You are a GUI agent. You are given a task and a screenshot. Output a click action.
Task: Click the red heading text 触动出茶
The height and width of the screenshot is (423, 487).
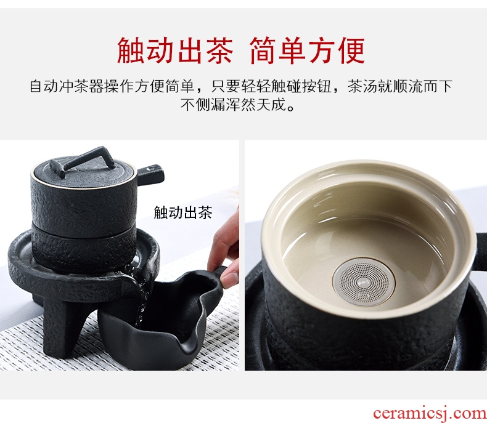click(x=175, y=51)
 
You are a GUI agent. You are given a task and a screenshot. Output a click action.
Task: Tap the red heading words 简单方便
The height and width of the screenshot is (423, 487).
click(x=307, y=51)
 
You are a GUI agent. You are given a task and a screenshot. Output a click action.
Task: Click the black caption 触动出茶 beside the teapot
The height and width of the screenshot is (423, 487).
click(x=183, y=213)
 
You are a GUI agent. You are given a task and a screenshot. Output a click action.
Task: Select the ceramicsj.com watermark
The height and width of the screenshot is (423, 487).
click(x=430, y=413)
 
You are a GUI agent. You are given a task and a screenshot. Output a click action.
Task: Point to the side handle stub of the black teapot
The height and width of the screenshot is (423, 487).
click(x=150, y=174)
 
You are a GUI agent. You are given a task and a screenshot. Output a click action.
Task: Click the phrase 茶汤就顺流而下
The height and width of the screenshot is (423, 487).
click(x=399, y=86)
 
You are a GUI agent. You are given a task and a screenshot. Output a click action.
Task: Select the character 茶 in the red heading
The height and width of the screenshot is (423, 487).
click(x=218, y=51)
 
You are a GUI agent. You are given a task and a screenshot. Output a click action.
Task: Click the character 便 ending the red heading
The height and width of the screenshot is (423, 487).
click(x=351, y=51)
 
